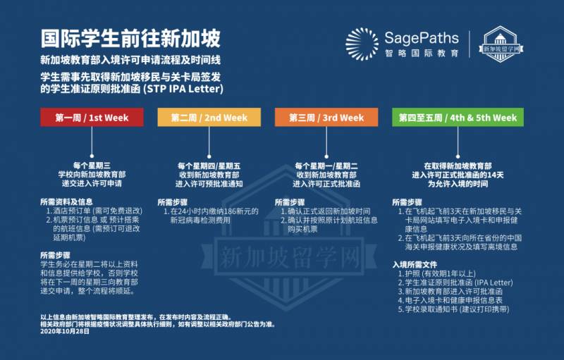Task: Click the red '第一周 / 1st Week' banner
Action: [92, 118]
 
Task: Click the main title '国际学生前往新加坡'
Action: [130, 37]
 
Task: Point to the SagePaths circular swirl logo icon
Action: [362, 44]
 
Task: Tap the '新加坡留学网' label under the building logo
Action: [501, 50]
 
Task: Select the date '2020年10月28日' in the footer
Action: [66, 330]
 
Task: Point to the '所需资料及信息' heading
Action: [65, 201]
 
